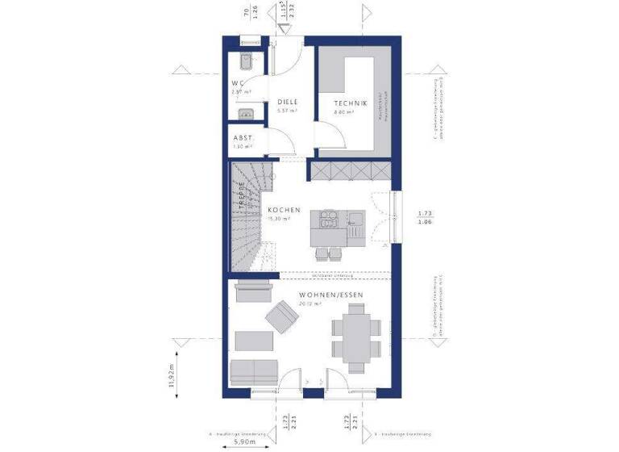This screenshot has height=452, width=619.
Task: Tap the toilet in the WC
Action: (246, 59)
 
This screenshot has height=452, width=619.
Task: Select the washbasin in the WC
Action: (247, 115)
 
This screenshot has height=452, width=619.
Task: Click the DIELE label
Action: (288, 102)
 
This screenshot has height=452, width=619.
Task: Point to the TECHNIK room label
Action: (351, 103)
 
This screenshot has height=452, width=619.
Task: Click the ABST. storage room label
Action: (243, 138)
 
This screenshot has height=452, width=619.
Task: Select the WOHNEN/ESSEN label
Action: (330, 295)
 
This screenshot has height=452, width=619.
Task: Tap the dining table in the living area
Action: (355, 338)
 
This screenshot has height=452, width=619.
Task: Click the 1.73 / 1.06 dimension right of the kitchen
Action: (425, 216)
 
